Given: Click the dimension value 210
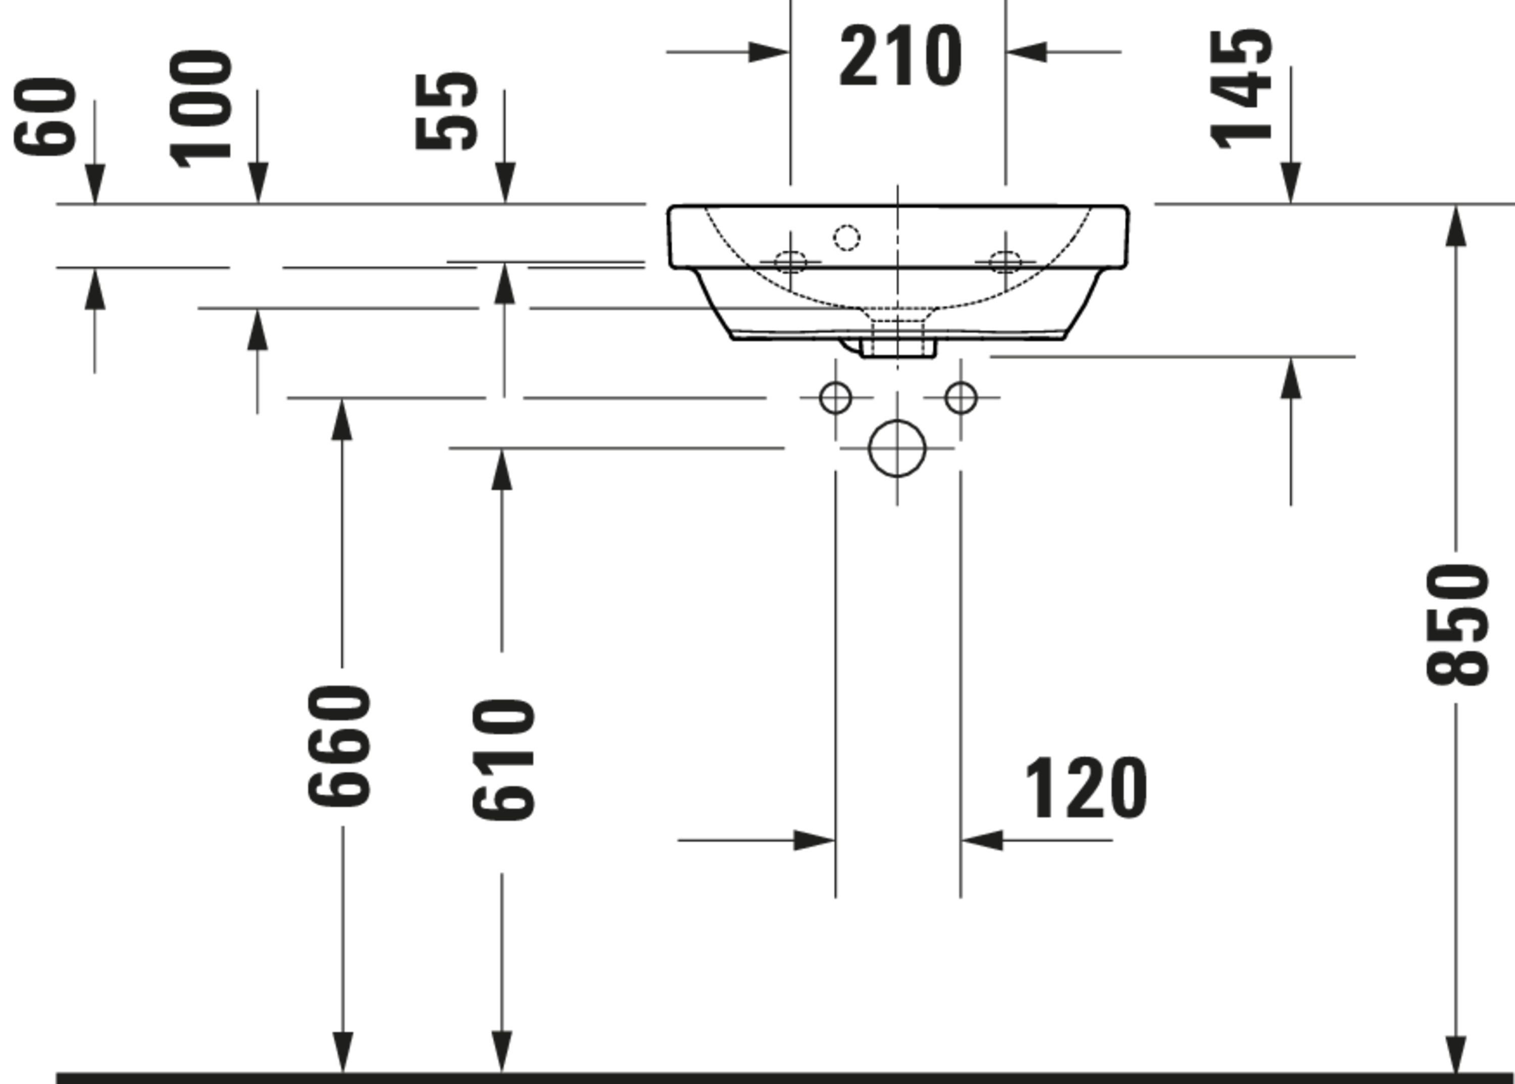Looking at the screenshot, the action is point(900,56).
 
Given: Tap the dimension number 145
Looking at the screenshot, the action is point(1241,89).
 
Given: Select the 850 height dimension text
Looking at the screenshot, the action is point(1457,624).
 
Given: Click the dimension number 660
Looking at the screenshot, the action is point(339,746).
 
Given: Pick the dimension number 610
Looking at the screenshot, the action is point(503,760).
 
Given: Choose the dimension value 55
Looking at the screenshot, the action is point(446,112).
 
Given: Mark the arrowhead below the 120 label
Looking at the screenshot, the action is point(982,841).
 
